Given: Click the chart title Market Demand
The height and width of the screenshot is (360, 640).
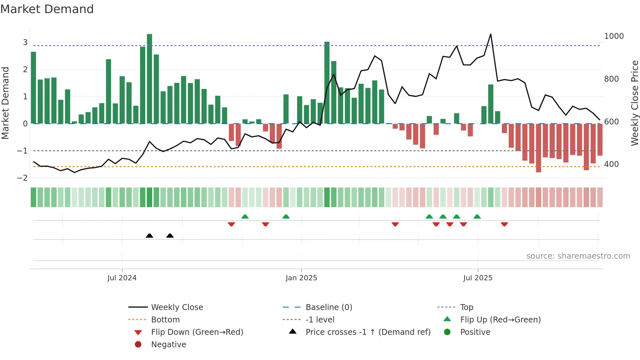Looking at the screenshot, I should (x=47, y=9).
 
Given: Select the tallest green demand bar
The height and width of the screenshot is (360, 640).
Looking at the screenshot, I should (x=150, y=78).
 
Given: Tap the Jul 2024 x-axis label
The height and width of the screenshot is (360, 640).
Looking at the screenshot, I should (x=122, y=278).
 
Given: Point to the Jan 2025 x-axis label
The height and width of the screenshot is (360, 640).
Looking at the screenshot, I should (x=301, y=278).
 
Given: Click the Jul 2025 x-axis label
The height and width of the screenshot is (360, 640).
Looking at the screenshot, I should (x=478, y=278).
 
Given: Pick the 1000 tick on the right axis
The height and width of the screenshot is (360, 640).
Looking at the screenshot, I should (x=614, y=36).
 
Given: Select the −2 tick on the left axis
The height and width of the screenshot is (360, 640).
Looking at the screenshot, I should (x=23, y=178).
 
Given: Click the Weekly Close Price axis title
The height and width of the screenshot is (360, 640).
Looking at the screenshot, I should (x=634, y=103).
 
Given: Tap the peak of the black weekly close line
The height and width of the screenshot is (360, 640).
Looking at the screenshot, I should (x=490, y=34).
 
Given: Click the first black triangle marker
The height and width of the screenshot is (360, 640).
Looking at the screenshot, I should (x=150, y=236).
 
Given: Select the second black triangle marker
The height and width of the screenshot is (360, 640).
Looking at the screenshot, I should (x=170, y=236).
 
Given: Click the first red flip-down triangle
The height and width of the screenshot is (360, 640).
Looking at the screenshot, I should (x=231, y=224).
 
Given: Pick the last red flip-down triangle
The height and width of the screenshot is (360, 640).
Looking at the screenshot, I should (x=504, y=224).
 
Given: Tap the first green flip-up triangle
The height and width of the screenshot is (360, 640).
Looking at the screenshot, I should (x=245, y=217).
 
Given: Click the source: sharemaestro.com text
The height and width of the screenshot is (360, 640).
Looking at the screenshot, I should (x=578, y=256).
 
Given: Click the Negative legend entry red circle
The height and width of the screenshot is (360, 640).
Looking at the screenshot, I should (x=138, y=344).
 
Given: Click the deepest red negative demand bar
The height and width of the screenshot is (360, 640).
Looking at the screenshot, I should (x=538, y=148).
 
